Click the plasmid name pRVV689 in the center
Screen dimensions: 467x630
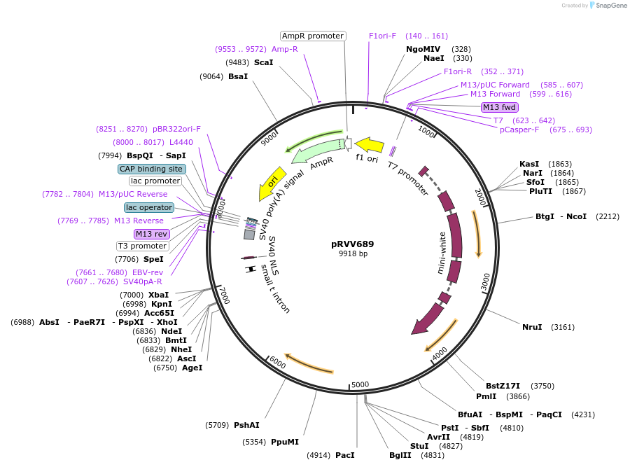point(353,244)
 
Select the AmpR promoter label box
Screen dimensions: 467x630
point(313,36)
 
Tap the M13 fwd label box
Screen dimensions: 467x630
point(499,107)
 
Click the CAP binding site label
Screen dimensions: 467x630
point(151,169)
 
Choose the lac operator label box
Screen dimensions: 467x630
point(149,207)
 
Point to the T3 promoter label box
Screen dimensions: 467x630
point(143,246)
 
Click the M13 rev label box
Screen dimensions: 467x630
point(152,234)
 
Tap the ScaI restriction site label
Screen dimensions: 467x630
point(263,62)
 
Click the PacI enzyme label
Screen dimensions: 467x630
point(344,455)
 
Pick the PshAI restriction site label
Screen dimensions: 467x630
point(246,425)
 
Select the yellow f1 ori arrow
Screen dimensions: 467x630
point(369,146)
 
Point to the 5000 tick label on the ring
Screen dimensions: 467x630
point(360,384)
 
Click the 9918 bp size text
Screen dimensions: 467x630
point(353,254)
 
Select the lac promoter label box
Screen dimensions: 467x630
point(155,181)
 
